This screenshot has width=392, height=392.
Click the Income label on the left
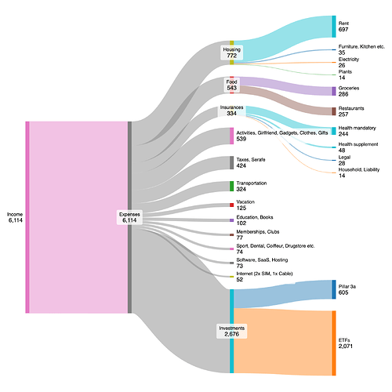(x=15, y=214)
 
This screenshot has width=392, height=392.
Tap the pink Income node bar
(x=27, y=217)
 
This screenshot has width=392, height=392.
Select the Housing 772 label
(x=232, y=53)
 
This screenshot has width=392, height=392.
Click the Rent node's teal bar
(x=334, y=27)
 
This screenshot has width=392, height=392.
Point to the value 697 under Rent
(x=343, y=30)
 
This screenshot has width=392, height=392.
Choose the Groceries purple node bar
(x=334, y=91)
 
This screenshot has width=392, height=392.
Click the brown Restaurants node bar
(x=334, y=111)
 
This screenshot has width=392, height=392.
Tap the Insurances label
(x=231, y=107)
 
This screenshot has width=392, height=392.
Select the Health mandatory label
(x=357, y=128)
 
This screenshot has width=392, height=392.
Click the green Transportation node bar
(x=232, y=186)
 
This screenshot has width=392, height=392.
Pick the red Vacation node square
(x=232, y=205)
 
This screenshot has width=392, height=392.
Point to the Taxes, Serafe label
(x=251, y=160)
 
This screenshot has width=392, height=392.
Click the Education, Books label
(x=255, y=217)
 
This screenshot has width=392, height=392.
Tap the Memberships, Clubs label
(x=258, y=232)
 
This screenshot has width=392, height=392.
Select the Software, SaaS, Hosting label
(x=262, y=260)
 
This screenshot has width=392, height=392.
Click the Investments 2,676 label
(x=232, y=331)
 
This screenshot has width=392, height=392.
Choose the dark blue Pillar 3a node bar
(x=334, y=289)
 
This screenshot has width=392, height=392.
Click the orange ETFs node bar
(x=334, y=343)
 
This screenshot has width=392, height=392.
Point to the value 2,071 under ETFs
(x=346, y=347)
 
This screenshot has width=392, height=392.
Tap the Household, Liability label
(x=359, y=169)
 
